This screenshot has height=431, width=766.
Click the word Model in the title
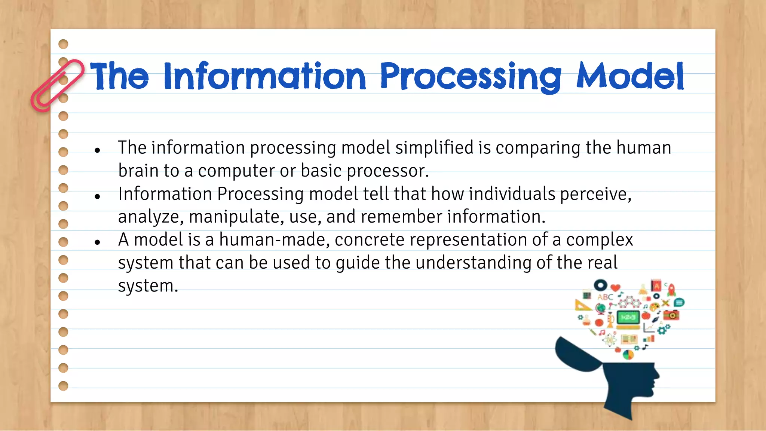[630, 77]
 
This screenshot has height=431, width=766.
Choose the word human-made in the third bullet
[274, 240]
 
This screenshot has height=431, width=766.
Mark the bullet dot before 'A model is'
[98, 242]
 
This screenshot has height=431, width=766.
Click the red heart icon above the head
[615, 288]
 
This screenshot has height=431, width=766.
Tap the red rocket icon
[672, 289]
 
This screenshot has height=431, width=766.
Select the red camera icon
[671, 315]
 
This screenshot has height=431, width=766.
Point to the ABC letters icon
[605, 297]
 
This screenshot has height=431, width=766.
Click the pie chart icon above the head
[628, 354]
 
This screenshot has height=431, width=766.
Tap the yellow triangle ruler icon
[582, 306]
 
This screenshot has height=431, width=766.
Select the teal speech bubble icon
[680, 302]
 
